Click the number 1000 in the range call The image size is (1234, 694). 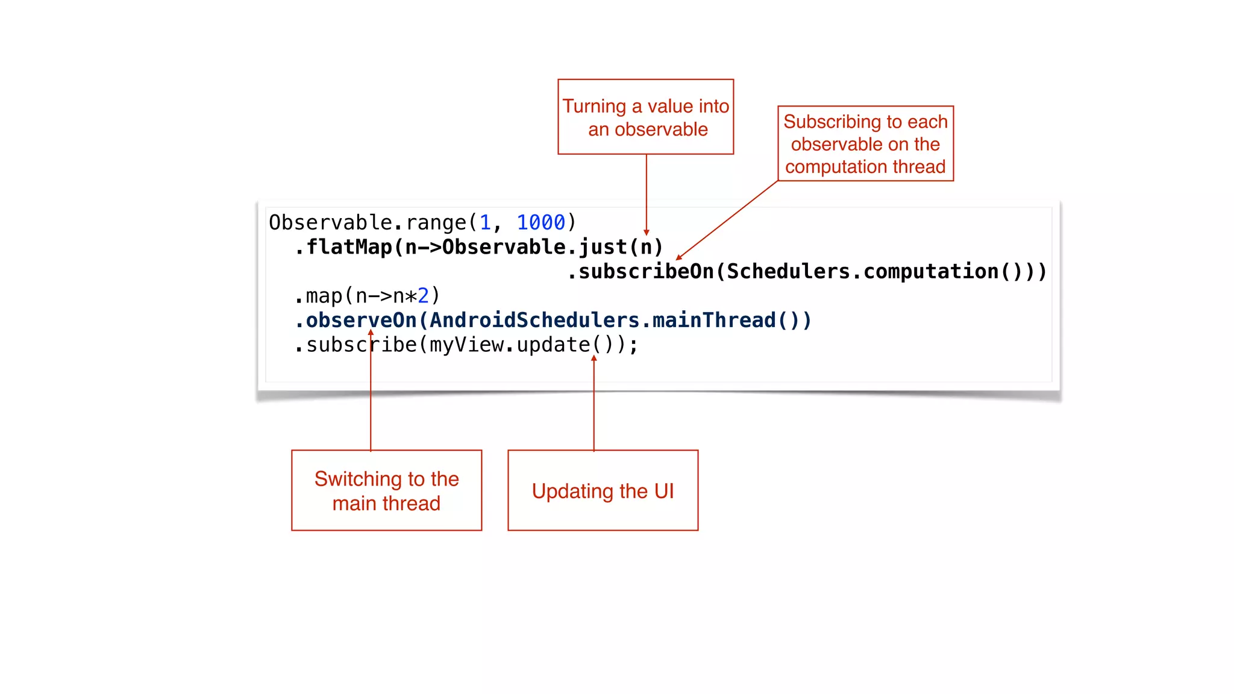click(x=540, y=223)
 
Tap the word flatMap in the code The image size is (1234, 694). click(x=349, y=247)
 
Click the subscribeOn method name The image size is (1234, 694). click(x=645, y=272)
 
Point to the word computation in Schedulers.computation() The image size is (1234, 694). click(x=930, y=272)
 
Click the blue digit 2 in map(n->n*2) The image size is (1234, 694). click(x=424, y=296)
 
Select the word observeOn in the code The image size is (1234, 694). click(x=361, y=320)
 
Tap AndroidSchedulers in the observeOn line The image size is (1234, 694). click(x=534, y=320)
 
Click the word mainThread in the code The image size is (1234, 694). click(x=714, y=320)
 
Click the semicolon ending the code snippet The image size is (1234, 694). click(x=633, y=346)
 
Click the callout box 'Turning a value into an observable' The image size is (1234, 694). click(x=645, y=117)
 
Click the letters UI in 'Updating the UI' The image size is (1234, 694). click(x=664, y=491)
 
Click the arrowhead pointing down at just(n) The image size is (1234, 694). click(x=646, y=233)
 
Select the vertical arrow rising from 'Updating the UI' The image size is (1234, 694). click(x=594, y=404)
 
